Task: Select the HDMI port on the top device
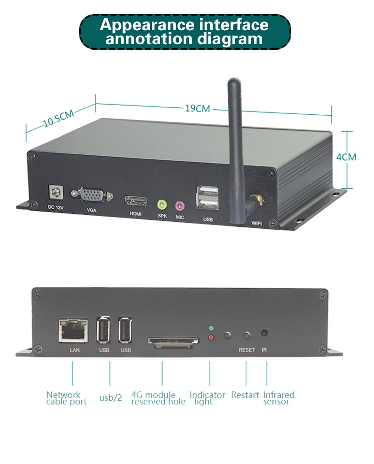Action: point(135,201)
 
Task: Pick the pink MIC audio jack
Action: point(180,205)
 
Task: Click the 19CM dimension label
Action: point(197,108)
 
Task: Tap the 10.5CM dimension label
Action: point(59,119)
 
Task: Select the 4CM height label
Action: point(346,157)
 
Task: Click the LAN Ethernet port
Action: point(73,330)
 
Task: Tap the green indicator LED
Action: point(211,328)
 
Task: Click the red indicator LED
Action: point(211,337)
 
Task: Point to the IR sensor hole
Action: point(265,333)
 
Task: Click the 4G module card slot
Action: point(173,342)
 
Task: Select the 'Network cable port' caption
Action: point(66,398)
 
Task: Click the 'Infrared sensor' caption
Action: point(279,398)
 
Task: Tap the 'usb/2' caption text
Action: point(110,398)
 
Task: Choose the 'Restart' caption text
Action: point(245,395)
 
